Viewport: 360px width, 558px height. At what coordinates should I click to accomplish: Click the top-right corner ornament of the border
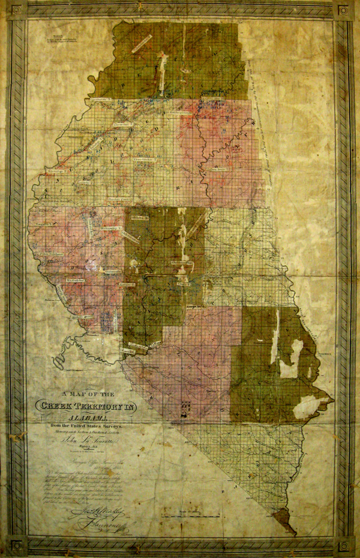point(344,11)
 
